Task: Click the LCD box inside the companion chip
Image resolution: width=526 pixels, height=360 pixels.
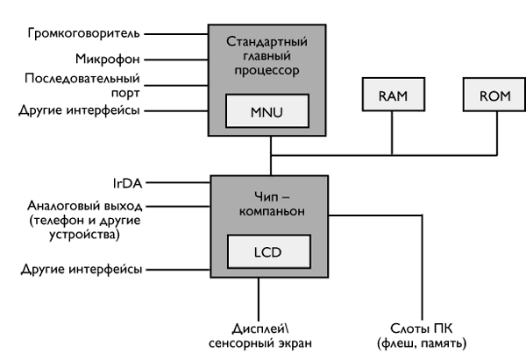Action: coord(268,251)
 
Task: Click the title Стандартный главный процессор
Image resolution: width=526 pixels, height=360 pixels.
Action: coord(268,55)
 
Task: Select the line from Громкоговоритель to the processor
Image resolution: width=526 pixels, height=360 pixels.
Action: coord(175,34)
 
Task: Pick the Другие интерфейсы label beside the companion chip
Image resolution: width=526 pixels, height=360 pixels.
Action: coord(82,268)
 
